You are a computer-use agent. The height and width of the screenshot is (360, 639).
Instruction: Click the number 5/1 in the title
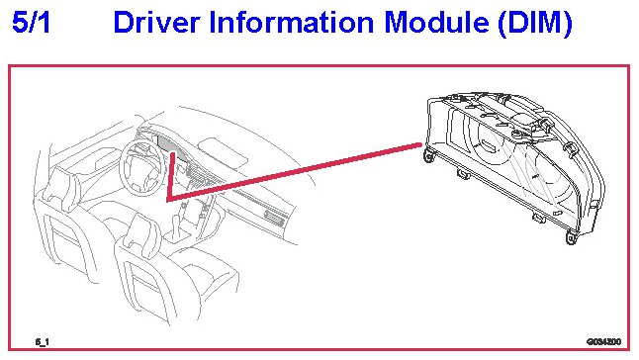pyautogui.click(x=31, y=22)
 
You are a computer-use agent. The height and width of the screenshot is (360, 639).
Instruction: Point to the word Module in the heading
pyautogui.click(x=436, y=22)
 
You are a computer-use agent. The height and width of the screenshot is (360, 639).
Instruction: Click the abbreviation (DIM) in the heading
pyautogui.click(x=535, y=24)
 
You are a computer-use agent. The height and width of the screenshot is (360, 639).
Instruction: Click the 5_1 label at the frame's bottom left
pyautogui.click(x=42, y=341)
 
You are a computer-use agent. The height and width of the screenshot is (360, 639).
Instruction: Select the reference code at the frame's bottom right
pyautogui.click(x=604, y=341)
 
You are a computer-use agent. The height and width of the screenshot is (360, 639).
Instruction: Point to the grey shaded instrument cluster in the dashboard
pyautogui.click(x=171, y=144)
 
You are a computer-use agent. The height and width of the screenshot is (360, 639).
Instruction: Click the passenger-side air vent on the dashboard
pyautogui.click(x=274, y=218)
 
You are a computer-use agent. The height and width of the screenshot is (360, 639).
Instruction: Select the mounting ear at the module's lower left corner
pyautogui.click(x=429, y=155)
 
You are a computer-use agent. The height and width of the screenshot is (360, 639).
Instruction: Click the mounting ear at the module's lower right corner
pyautogui.click(x=572, y=237)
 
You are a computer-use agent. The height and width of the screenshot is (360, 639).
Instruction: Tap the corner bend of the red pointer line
pyautogui.click(x=168, y=200)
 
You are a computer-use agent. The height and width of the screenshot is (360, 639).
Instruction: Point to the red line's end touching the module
pyautogui.click(x=419, y=144)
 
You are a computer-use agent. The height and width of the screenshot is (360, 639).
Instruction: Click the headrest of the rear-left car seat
pyautogui.click(x=58, y=189)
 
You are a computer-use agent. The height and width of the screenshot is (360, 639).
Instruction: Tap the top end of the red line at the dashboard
pyautogui.click(x=173, y=154)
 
